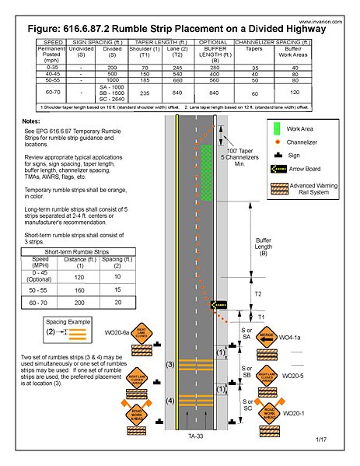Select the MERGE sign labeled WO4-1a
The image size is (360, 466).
point(265,338)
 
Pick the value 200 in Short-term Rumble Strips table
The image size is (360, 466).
point(79,301)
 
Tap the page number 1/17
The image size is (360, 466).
point(321,440)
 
